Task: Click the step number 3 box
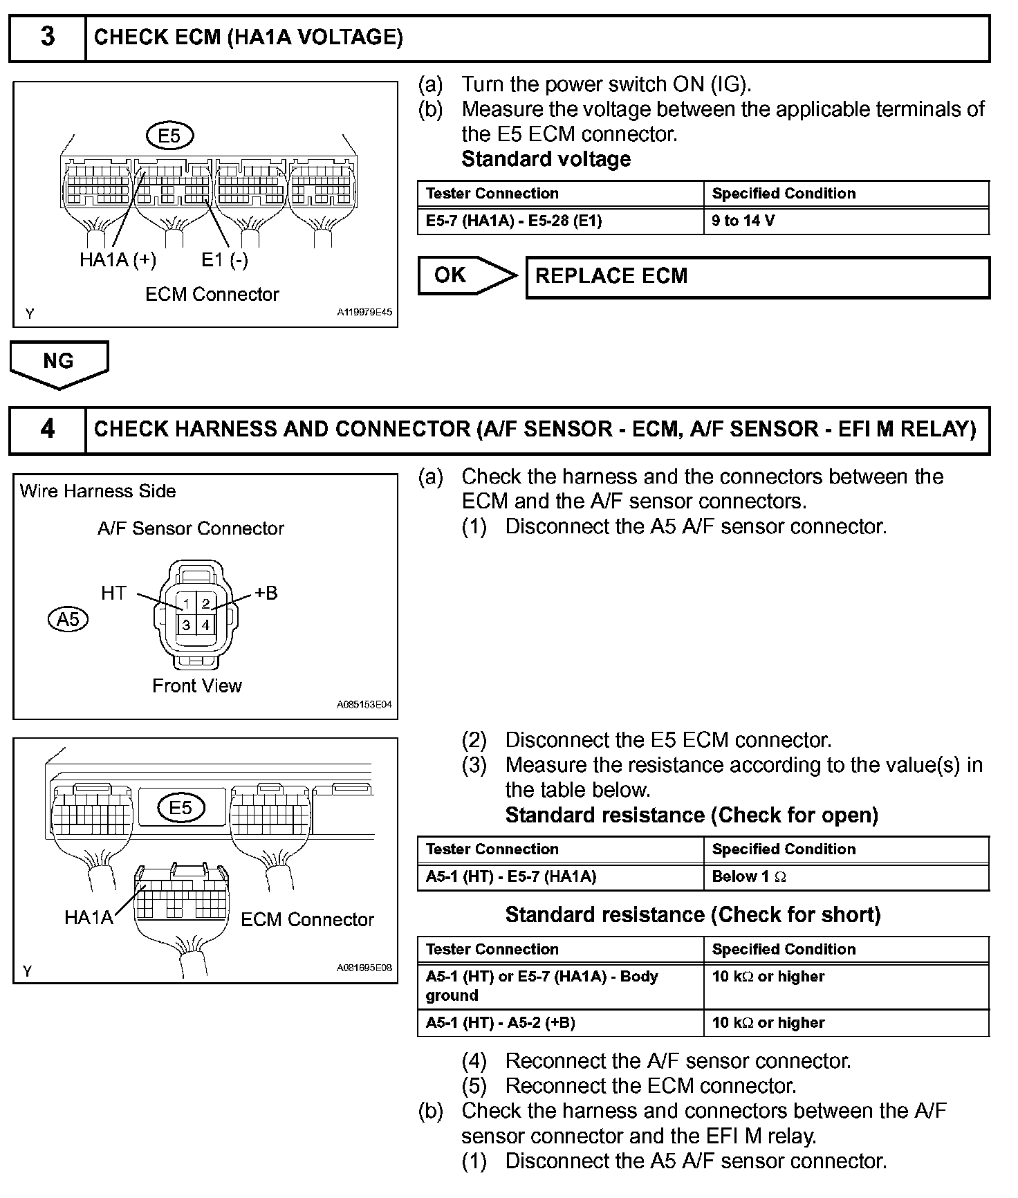47,37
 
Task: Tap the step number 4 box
47,430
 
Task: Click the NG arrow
59,363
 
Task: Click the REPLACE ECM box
757,277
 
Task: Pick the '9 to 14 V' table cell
846,221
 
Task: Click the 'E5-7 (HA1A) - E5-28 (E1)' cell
560,221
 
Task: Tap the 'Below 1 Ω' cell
846,877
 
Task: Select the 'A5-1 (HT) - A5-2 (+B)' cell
560,1023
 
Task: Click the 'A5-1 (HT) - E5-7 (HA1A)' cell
560,877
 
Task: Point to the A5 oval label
68,618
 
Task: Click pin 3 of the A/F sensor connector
186,625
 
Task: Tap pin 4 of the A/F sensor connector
205,625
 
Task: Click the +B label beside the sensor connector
266,593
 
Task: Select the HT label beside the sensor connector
114,593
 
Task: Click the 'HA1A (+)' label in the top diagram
118,260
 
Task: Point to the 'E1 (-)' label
225,260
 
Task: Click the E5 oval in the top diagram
169,136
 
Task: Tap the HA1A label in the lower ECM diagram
88,918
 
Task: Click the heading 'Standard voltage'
546,159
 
